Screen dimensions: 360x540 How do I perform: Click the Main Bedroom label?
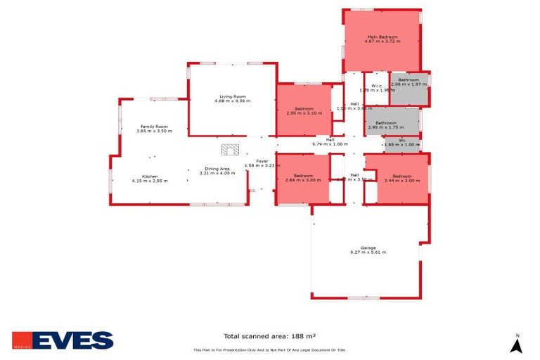382,37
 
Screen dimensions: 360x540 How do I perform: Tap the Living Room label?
232,96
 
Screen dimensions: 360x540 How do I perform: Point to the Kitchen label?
150,176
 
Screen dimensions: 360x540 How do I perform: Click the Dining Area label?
216,169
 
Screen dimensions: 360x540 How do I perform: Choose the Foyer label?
262,161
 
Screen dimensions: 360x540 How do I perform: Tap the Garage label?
368,247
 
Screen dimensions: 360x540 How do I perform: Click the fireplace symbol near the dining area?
230,149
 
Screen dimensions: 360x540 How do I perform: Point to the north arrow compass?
517,344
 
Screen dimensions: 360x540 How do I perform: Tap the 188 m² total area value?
307,336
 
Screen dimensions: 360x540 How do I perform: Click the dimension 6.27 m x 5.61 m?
368,252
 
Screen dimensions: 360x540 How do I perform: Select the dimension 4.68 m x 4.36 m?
232,101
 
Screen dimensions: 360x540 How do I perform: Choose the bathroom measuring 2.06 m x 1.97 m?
409,82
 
